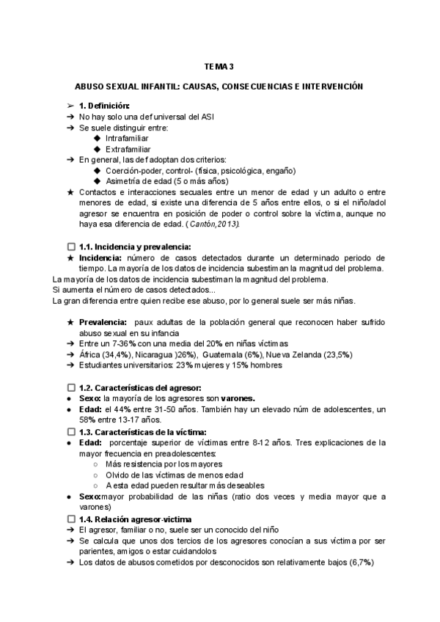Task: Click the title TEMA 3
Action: point(219,67)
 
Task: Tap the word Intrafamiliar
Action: point(128,138)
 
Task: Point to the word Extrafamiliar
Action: point(130,149)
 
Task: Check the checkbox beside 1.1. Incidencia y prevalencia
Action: point(70,247)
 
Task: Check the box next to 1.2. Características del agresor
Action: point(70,387)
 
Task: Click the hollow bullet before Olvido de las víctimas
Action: point(98,475)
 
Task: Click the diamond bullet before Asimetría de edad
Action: point(99,180)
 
